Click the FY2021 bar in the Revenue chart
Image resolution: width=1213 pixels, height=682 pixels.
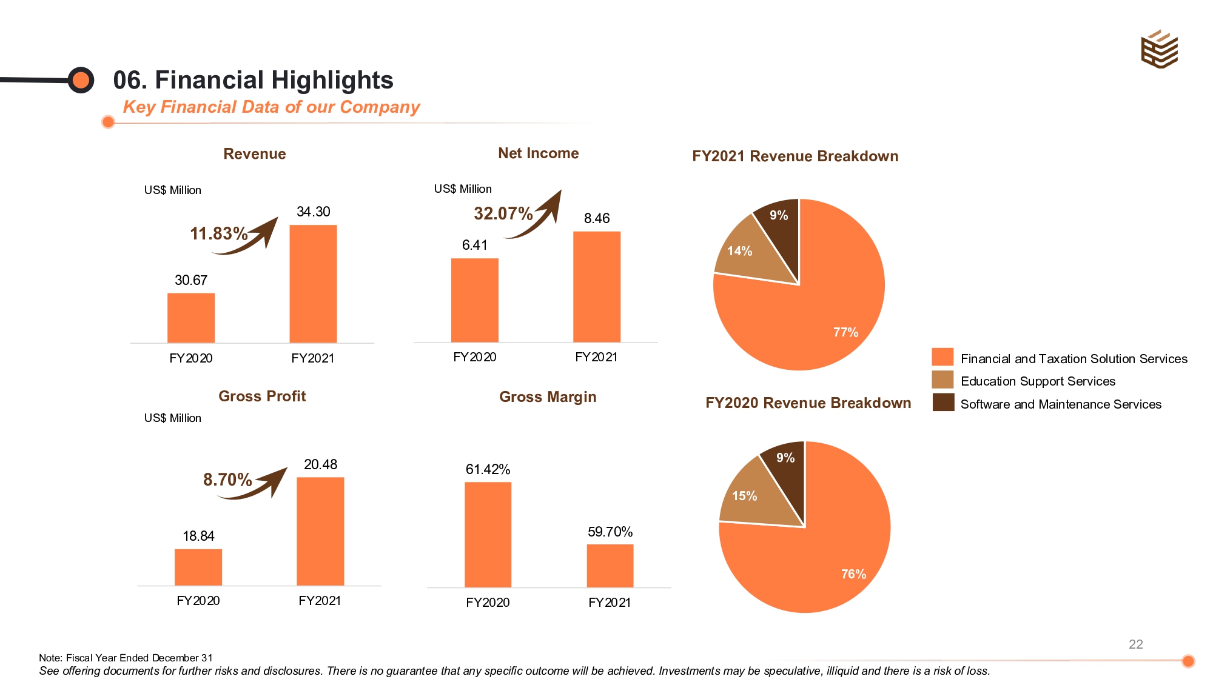pos(313,284)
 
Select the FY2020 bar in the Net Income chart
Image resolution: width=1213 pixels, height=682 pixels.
pos(474,300)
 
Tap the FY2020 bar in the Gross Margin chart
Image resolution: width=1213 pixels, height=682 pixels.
pos(488,534)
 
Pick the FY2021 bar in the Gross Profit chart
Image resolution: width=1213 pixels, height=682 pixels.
pos(320,531)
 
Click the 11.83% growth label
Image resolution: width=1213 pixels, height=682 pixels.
pos(218,233)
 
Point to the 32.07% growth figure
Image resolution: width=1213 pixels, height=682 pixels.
pos(503,213)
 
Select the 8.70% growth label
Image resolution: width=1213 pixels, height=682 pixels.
pos(227,480)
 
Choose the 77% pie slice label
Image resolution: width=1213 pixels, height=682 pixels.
pos(845,332)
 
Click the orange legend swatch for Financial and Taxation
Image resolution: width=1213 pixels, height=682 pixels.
pos(943,357)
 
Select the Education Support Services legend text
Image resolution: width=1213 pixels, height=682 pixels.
pos(1038,381)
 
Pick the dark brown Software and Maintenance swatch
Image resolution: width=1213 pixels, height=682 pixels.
pos(943,403)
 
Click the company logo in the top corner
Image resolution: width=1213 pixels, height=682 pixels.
pos(1159,49)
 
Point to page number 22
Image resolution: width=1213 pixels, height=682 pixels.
pos(1135,644)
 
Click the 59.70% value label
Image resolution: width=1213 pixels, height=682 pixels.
pos(610,532)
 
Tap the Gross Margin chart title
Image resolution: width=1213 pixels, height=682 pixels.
pos(548,397)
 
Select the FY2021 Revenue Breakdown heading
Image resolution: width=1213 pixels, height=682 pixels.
pos(795,156)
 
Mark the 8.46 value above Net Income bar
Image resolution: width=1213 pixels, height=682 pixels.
pos(596,218)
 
